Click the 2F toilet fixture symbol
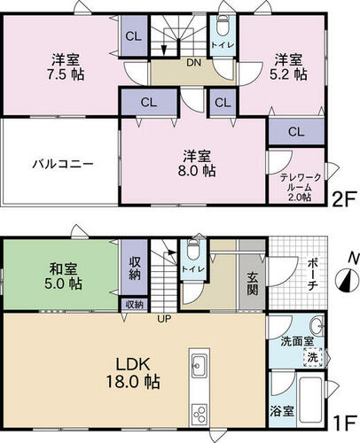223,26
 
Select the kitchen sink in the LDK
199,366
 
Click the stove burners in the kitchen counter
200,415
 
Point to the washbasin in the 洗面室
317,326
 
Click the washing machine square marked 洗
313,357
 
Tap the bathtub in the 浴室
310,400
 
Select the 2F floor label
343,200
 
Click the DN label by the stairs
193,63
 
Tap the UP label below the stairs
164,318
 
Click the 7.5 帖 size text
66,74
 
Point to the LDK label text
133,364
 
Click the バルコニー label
63,163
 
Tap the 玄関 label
253,284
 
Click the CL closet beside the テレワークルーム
296,132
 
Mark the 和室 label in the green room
63,269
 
